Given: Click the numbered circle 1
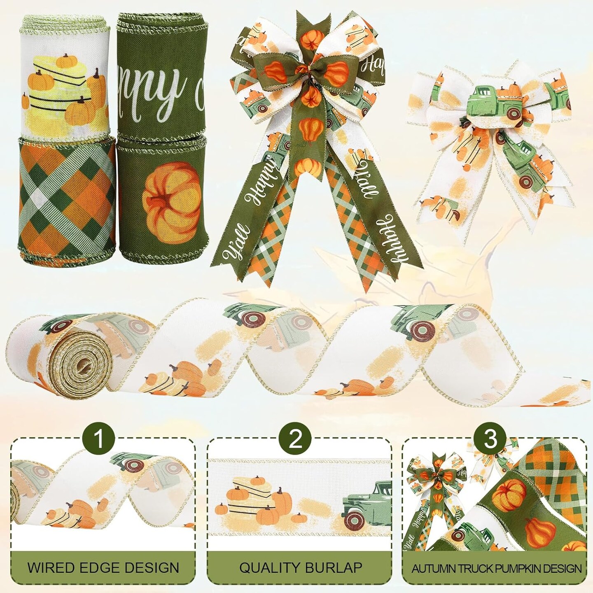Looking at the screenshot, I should point(99,440).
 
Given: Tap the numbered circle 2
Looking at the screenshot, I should point(296,440).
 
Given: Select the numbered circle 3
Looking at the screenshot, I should point(490,440).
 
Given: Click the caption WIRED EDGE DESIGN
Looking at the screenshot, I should point(103,567).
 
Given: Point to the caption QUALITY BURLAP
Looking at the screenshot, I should point(301,567).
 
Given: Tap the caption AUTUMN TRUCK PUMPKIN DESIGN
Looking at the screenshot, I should point(497,569).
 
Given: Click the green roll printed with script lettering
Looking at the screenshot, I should point(161,78).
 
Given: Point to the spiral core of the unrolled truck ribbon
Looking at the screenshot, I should point(78,362).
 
